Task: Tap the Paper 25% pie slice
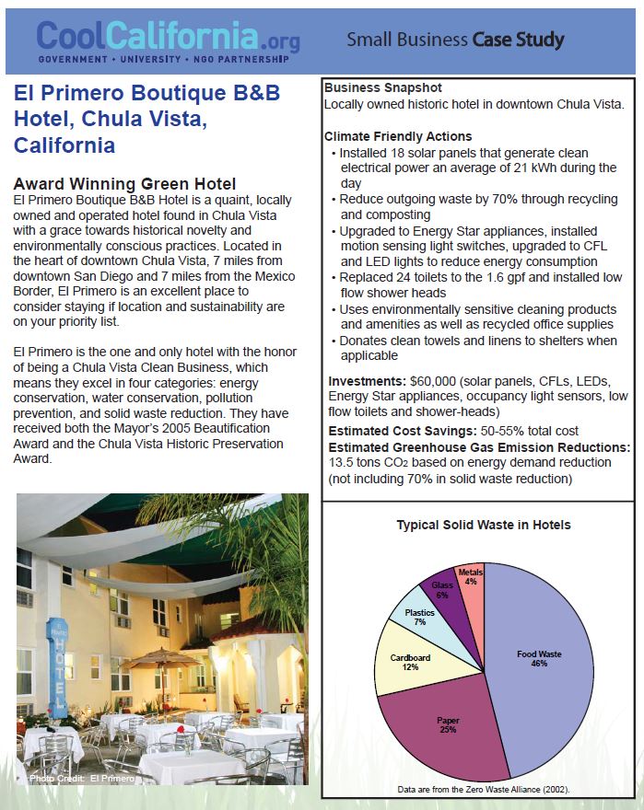pyautogui.click(x=446, y=727)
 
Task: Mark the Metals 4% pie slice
pyautogui.click(x=471, y=577)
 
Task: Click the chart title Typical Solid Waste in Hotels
pyautogui.click(x=483, y=525)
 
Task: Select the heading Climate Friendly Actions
pyautogui.click(x=398, y=136)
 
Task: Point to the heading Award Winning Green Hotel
pyautogui.click(x=124, y=184)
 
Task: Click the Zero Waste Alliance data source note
pyautogui.click(x=483, y=790)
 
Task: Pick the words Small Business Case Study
pyautogui.click(x=455, y=40)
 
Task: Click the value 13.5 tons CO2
pyautogui.click(x=369, y=463)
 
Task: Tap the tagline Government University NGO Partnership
pyautogui.click(x=162, y=59)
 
